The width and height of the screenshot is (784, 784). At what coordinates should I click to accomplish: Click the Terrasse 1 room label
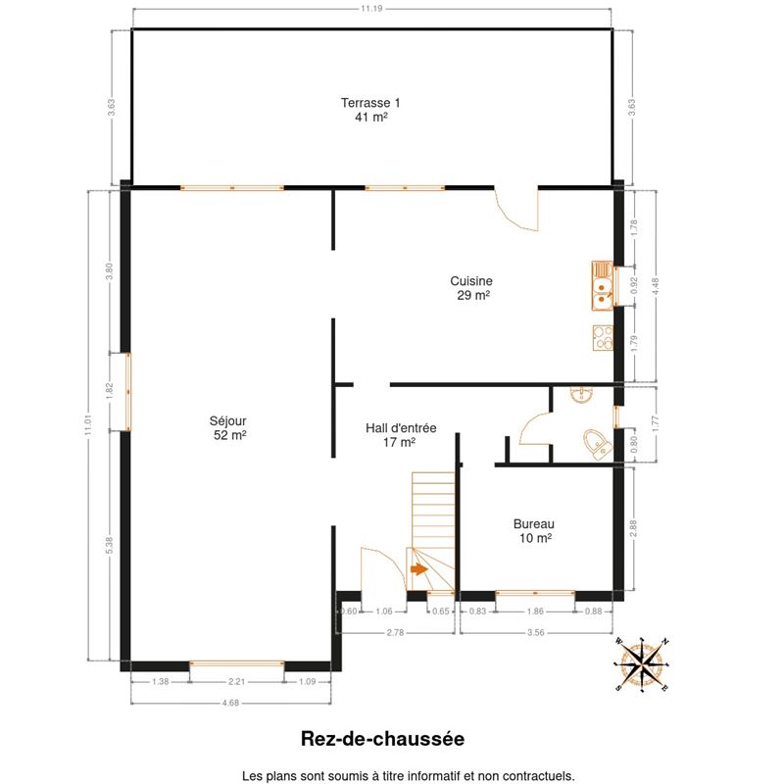tap(370, 110)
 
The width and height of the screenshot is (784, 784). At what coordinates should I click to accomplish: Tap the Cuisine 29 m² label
tap(471, 288)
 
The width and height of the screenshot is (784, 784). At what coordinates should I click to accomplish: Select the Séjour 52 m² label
tap(228, 428)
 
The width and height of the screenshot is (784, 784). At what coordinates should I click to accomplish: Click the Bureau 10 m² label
tap(534, 531)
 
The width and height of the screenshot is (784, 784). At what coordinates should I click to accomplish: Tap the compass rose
tap(642, 664)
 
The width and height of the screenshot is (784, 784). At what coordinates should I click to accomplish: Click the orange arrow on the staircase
tap(419, 569)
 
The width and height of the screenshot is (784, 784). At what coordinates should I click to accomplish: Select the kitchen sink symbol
tap(603, 285)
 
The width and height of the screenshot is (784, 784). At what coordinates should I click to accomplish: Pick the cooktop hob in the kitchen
tap(603, 338)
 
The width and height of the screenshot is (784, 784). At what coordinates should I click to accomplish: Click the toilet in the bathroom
tap(598, 444)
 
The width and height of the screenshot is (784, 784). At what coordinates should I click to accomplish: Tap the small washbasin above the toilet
tap(581, 394)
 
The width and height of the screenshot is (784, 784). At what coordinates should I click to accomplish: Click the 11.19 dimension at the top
tap(371, 9)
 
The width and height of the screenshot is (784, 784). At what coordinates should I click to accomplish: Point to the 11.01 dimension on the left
tap(88, 425)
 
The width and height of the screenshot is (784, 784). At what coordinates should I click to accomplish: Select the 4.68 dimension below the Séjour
tap(230, 703)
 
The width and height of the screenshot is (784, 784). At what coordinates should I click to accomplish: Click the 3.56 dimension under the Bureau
tap(535, 632)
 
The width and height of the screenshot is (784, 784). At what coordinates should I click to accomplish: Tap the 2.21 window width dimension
tap(236, 681)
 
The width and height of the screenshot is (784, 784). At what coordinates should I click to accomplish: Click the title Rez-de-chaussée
tap(382, 739)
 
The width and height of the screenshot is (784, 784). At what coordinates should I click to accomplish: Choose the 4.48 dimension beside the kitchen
tap(656, 287)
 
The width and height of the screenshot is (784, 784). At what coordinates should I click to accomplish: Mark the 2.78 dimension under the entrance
tap(395, 632)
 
